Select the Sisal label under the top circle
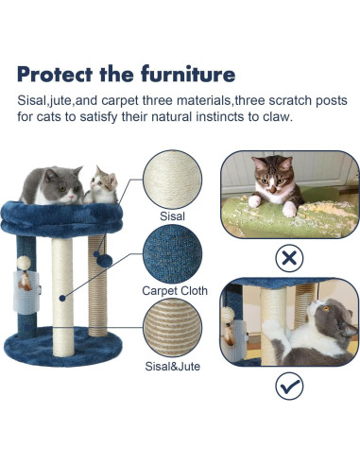point(172,215)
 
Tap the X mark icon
point(288,257)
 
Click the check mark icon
point(288,386)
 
